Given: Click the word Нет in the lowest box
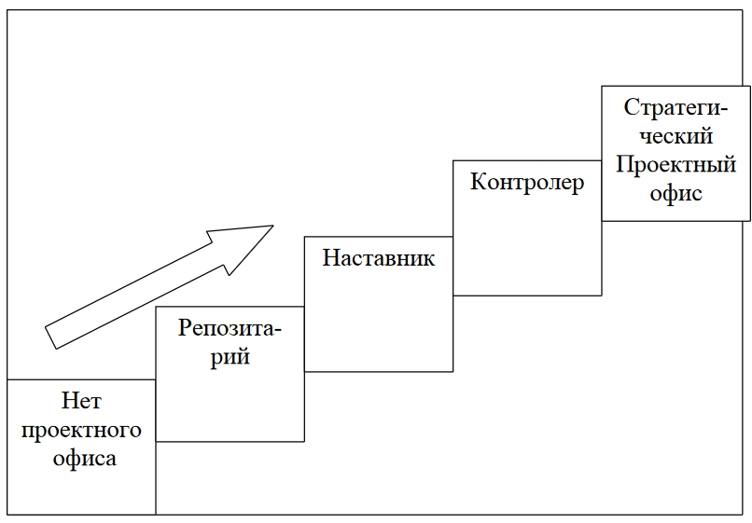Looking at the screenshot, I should tap(81, 402).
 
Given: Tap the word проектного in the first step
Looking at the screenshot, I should tap(81, 430).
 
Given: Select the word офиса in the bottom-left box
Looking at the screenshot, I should tap(81, 458).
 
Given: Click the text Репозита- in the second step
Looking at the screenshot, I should tap(230, 328).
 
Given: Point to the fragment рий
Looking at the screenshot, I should tap(230, 356).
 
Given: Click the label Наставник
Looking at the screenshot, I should tap(379, 257).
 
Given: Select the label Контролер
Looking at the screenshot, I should tap(527, 181).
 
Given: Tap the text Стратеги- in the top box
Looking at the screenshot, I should tap(675, 106).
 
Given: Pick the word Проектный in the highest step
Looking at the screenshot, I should tap(675, 165).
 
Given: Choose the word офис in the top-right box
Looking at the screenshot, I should tap(675, 194).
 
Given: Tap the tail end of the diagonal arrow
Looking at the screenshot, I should tap(52, 337).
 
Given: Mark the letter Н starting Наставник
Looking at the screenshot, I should tap(330, 257).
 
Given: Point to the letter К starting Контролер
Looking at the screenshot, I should tap(478, 181).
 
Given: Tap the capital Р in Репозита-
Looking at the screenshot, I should tap(185, 328).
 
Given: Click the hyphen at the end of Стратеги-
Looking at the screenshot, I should tap(723, 109).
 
